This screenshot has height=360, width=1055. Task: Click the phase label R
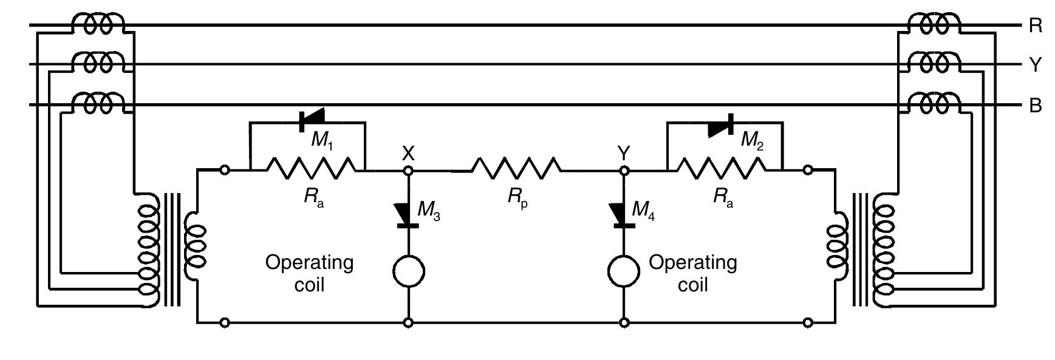[x=1035, y=26]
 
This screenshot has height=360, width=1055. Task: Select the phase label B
[x=1035, y=106]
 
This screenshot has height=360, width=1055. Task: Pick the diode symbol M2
[x=722, y=126]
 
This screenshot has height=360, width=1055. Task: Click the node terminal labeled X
[x=408, y=171]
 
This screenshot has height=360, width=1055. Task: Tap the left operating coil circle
[x=408, y=271]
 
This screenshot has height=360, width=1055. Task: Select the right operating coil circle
[x=624, y=271]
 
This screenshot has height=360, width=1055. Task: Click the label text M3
[x=429, y=211]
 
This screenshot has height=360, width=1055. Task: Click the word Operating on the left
[x=309, y=263]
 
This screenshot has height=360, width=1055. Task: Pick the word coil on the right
[x=693, y=285]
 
